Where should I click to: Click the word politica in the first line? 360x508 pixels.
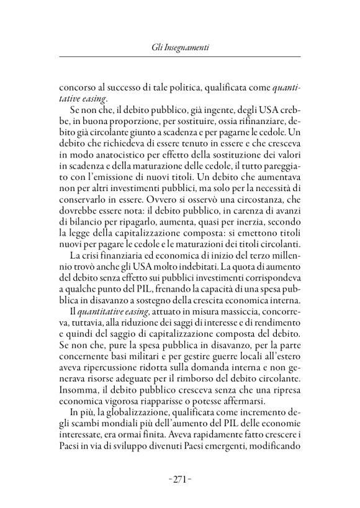(182, 86)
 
